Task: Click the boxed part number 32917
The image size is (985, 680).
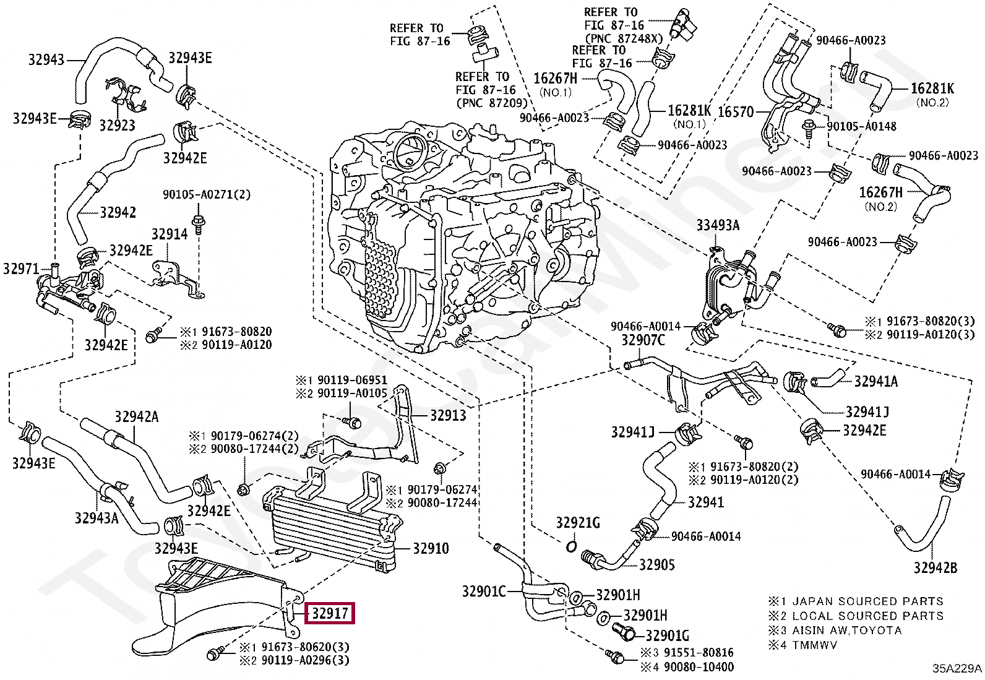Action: coord(330,613)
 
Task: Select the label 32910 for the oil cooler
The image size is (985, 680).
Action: coord(431,548)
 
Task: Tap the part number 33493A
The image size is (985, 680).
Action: coord(718,226)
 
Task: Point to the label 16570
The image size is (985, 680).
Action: coord(736,112)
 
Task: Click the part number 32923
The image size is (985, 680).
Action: coord(117,126)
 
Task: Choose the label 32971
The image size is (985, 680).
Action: coord(21,269)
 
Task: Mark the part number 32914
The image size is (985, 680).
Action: coord(170,234)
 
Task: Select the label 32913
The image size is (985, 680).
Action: coord(448,415)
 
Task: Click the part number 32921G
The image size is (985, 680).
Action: coord(578,523)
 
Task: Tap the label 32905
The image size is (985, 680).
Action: coord(656,565)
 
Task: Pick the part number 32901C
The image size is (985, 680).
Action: coord(484,592)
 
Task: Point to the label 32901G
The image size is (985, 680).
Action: coord(667,635)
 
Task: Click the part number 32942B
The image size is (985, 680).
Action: coord(936,568)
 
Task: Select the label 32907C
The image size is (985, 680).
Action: coord(643,340)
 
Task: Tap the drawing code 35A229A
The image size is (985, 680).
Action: coord(957,669)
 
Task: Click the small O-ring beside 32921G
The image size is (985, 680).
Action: coord(571,546)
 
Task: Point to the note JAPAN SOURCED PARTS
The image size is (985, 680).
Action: coord(869,601)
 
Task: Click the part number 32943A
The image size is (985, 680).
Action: coord(97,518)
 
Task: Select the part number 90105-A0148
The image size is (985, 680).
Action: coord(861,126)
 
